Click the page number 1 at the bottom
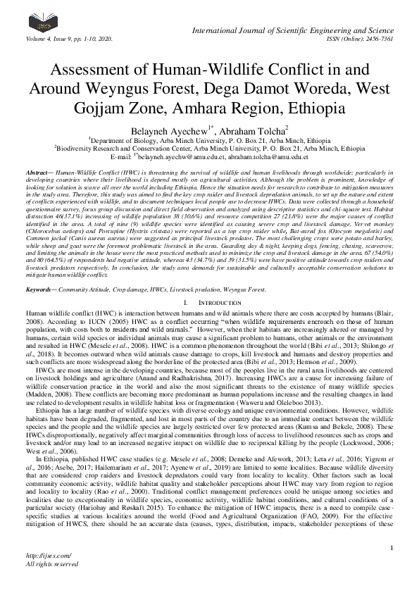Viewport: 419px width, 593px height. pyautogui.click(x=389, y=547)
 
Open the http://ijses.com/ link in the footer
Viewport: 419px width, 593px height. pyautogui.click(x=44, y=556)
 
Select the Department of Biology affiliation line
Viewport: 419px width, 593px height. pyautogui.click(x=208, y=140)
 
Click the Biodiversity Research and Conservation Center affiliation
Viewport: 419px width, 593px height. pyautogui.click(x=209, y=149)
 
